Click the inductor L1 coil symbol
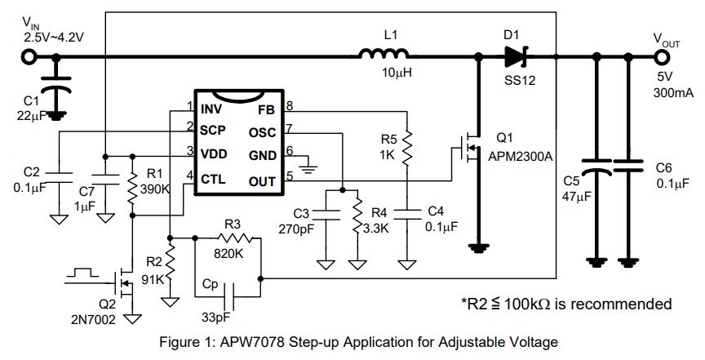[384, 54]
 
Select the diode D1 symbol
[515, 57]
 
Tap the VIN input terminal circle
[29, 57]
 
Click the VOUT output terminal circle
[662, 57]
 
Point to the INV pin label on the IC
[211, 109]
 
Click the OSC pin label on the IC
[262, 133]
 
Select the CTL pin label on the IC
[213, 179]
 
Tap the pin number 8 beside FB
[290, 106]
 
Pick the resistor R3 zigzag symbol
[235, 238]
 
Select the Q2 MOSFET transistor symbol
[123, 282]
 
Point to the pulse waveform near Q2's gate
[82, 273]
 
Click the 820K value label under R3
[228, 253]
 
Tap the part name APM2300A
[521, 156]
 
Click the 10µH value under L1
[397, 72]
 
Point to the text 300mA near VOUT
[673, 93]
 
